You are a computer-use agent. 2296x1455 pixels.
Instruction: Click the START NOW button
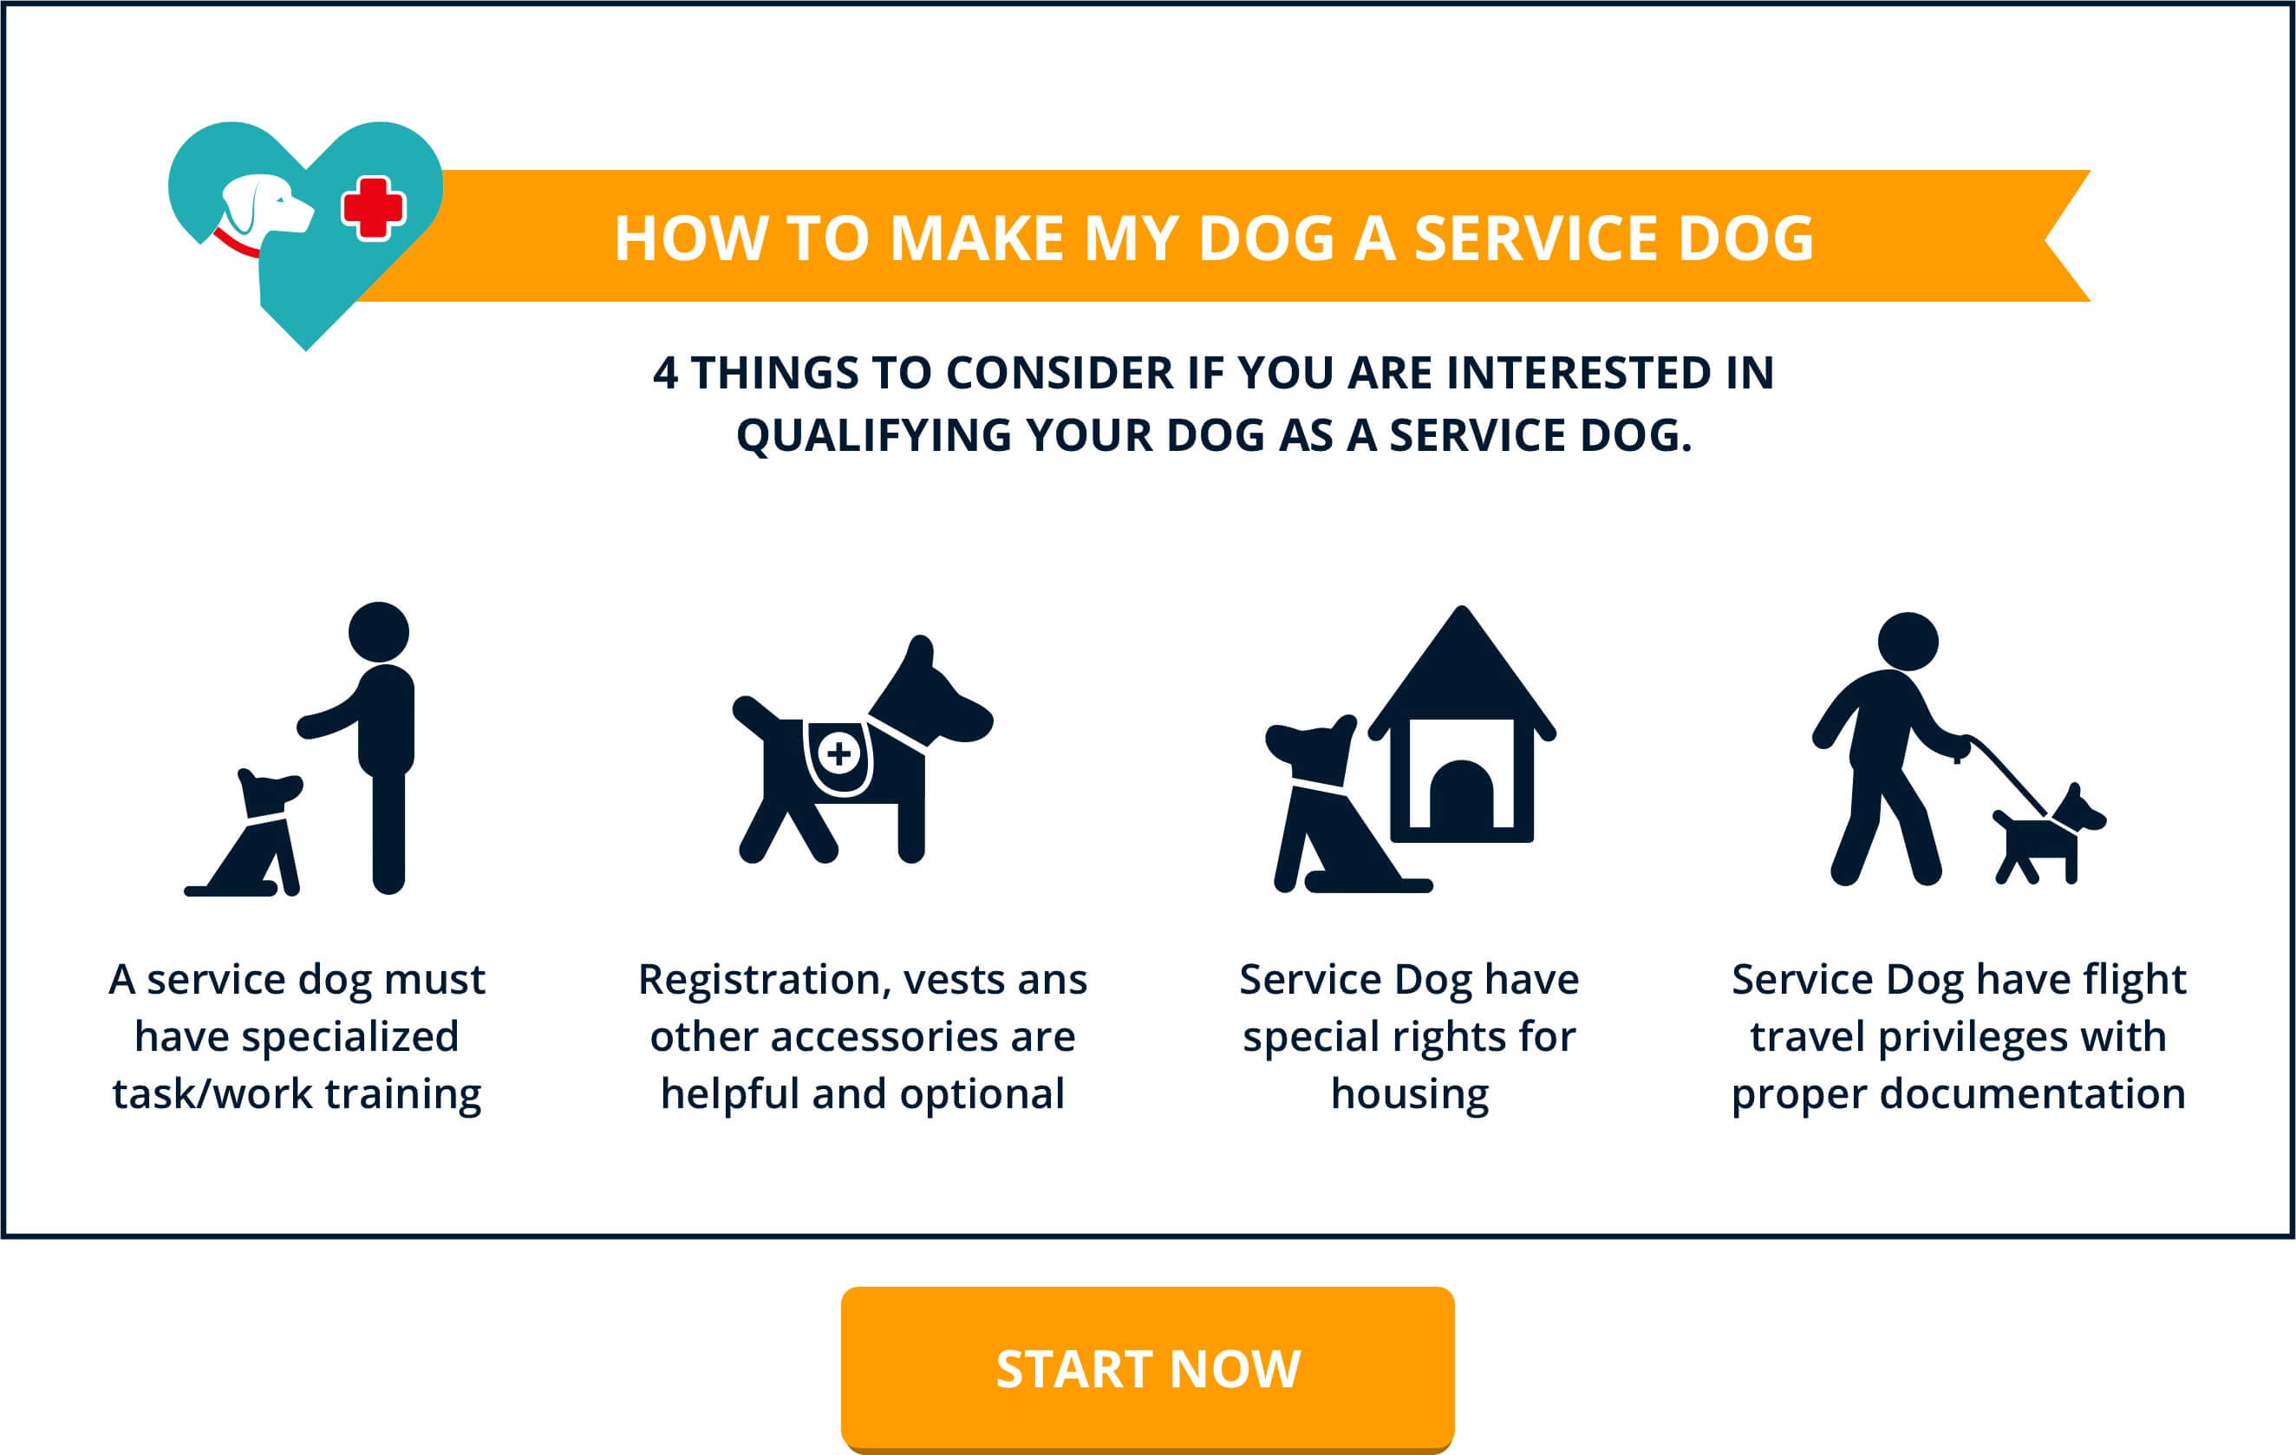pos(1147,1368)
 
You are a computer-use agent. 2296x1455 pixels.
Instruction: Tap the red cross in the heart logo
pos(373,208)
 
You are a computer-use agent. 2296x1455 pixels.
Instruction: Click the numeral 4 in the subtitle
pos(666,373)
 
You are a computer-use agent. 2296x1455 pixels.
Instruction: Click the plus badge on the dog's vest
pos(839,754)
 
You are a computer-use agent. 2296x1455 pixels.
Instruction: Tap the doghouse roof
pos(1461,672)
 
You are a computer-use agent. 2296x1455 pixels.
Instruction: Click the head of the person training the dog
pos(379,631)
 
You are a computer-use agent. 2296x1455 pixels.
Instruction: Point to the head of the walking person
pos(1908,642)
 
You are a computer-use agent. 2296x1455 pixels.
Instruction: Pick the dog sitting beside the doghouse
pos(1326,811)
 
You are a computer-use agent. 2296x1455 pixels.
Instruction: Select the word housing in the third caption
pos(1409,1093)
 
